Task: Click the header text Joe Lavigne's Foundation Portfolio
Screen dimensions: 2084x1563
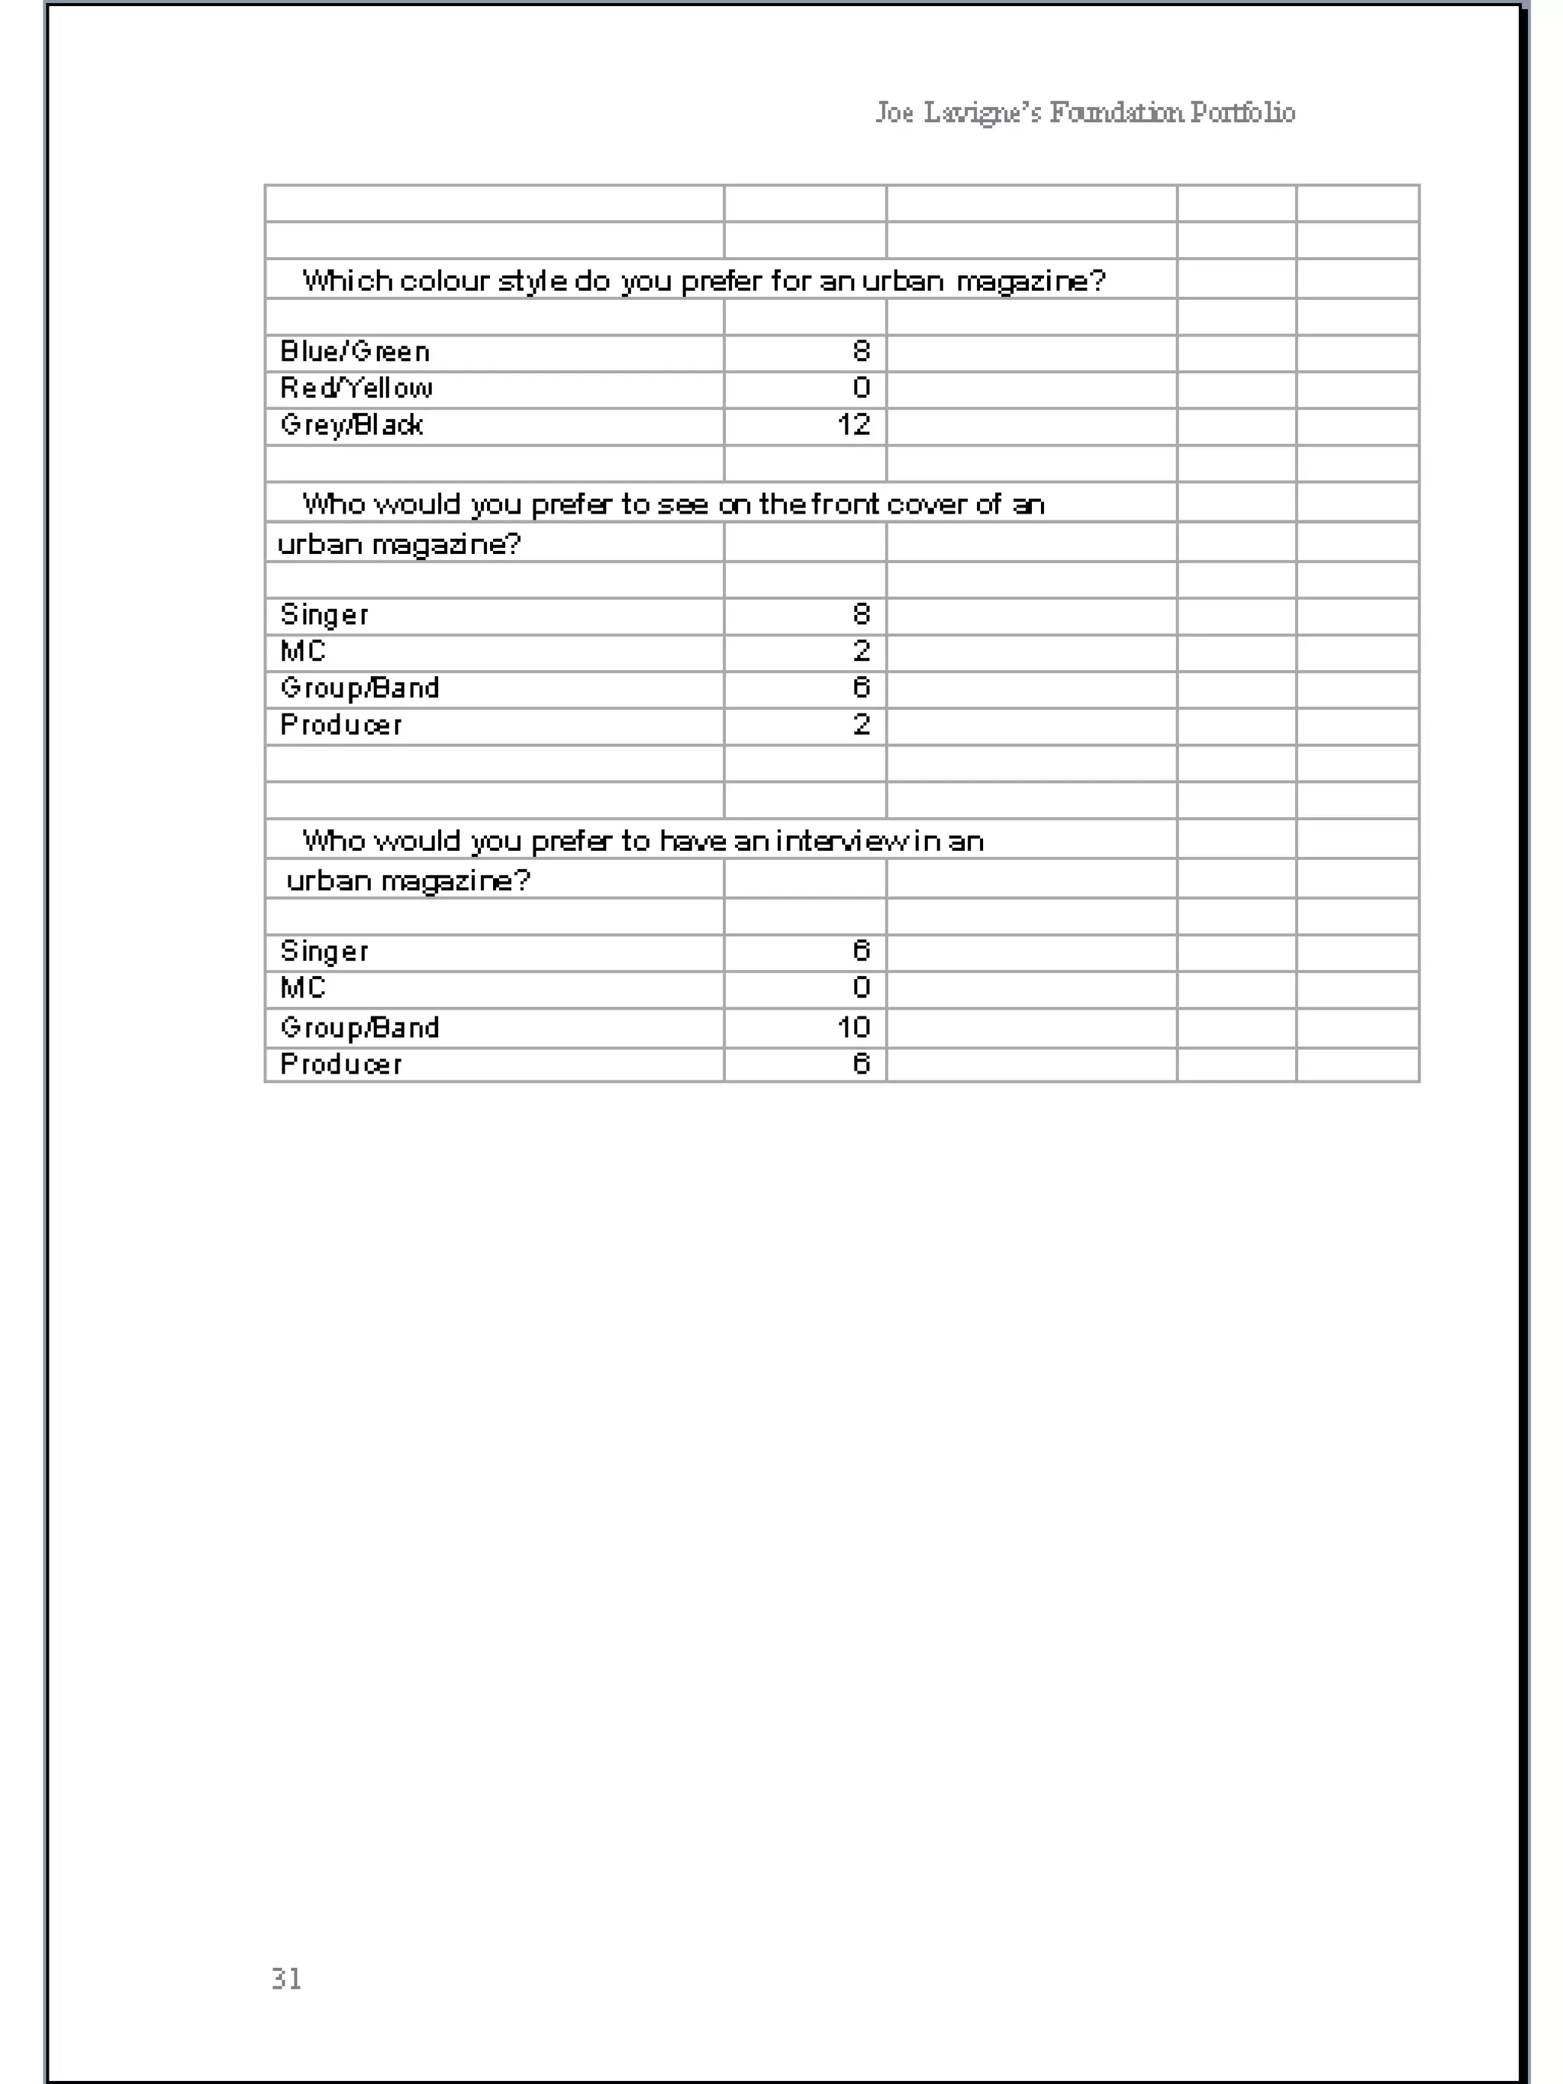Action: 1084,112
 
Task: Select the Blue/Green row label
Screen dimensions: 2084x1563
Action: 354,352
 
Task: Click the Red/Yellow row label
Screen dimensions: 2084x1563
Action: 356,388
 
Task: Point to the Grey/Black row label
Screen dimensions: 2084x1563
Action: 351,425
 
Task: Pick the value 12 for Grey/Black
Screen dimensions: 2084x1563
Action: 853,425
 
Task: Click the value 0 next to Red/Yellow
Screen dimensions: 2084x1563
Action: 861,388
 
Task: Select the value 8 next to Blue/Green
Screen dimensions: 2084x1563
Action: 861,352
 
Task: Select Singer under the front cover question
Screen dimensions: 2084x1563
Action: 324,615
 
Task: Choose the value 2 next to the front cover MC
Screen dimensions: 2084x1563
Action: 861,651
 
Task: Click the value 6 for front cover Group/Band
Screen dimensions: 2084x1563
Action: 861,688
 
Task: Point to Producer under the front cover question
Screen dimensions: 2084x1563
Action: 341,724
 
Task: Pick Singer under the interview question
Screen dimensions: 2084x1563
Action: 324,952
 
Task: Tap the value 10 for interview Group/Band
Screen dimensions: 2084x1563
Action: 853,1027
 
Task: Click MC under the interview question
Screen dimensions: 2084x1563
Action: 302,988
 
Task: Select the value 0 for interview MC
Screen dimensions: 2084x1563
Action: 861,988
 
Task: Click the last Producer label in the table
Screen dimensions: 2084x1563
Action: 341,1065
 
